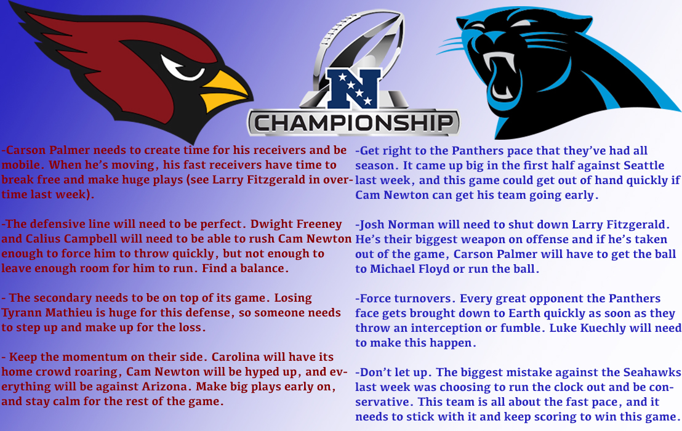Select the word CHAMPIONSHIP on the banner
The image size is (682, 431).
[353, 122]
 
